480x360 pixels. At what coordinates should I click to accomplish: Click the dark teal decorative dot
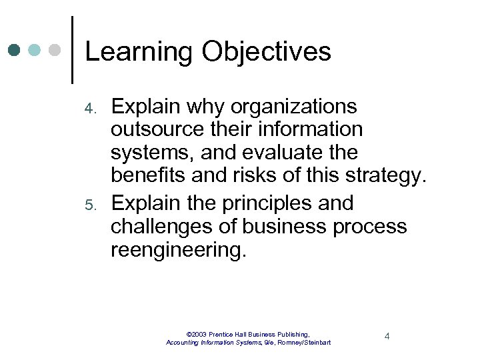point(15,50)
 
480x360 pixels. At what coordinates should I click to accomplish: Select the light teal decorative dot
point(35,50)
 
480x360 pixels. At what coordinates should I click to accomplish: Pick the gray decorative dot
point(55,50)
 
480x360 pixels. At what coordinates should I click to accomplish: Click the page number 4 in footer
point(387,336)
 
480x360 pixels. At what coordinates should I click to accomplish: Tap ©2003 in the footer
point(198,333)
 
